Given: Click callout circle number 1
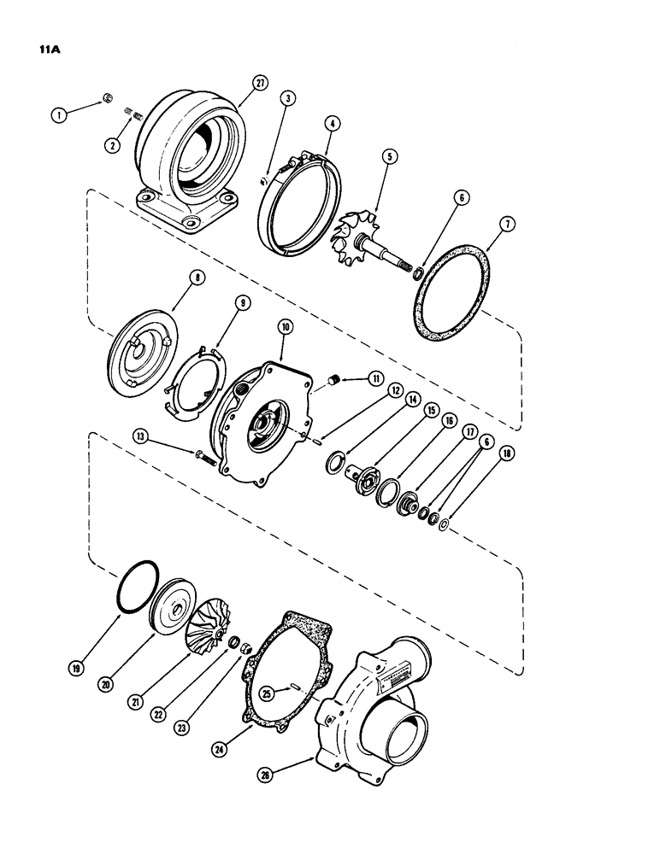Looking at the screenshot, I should (56, 111).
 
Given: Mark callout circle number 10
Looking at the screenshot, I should (284, 328).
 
